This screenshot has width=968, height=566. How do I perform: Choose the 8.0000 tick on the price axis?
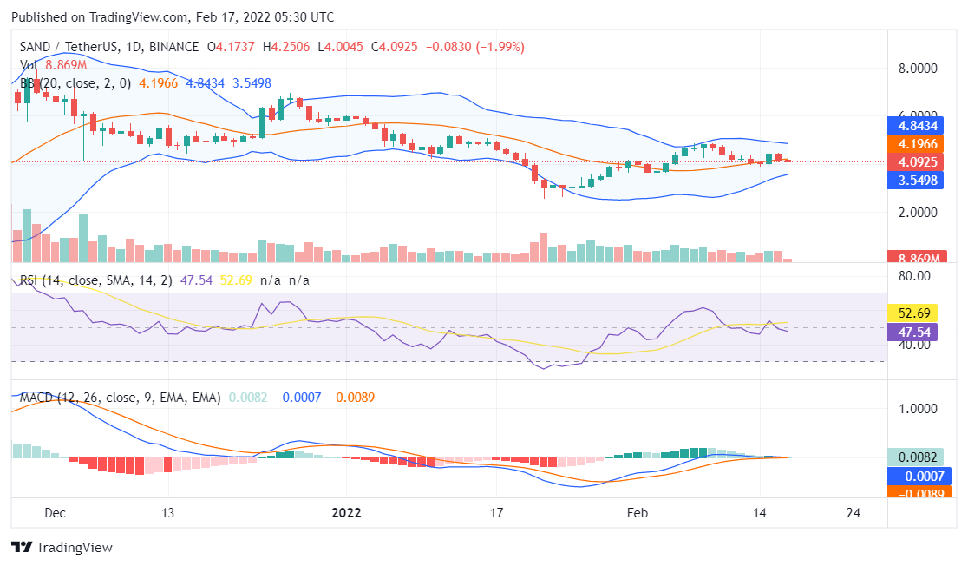point(918,68)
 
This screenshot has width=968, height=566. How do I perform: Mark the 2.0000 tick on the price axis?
point(918,213)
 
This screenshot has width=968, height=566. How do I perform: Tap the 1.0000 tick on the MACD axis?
point(918,408)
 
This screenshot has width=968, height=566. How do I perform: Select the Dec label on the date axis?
point(56,512)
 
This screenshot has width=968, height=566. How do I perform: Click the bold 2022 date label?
point(347,512)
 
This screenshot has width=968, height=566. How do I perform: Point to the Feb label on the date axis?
point(637,512)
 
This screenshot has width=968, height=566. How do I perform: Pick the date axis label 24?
point(853,512)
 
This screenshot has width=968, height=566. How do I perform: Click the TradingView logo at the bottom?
point(62,548)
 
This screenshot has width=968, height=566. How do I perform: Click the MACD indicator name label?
point(36,398)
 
